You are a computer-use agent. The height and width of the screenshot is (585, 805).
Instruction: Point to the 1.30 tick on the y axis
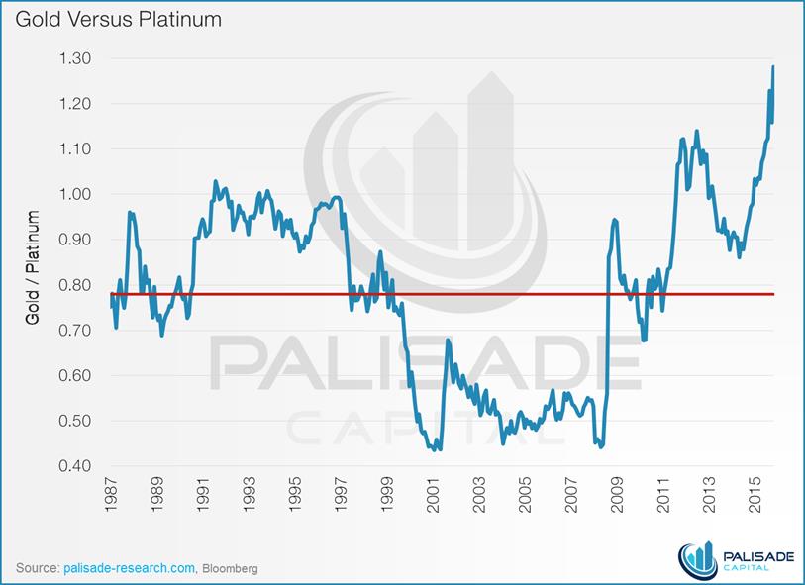75,58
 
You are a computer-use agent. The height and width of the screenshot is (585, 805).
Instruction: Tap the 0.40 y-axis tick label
75,466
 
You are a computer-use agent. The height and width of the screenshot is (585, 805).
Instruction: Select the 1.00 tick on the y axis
75,194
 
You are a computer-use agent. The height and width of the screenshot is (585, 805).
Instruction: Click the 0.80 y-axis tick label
75,285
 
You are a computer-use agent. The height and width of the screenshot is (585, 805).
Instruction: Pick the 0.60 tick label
75,375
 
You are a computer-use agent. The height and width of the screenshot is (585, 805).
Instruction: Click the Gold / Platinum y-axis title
33,267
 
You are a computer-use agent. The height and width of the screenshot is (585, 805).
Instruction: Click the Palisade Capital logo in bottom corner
737,561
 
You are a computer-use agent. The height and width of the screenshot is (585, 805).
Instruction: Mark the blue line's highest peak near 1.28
773,66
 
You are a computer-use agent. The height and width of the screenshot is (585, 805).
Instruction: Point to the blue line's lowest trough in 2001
438,449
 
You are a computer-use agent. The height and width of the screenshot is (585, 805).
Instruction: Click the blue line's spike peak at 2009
615,220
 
